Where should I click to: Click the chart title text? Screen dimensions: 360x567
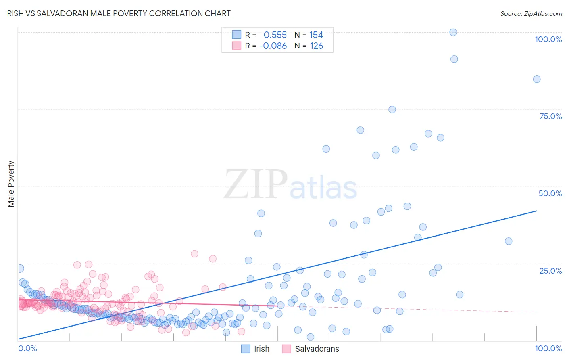[118, 13]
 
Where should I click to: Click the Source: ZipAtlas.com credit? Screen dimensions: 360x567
[531, 13]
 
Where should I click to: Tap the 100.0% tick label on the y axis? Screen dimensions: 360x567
[548, 39]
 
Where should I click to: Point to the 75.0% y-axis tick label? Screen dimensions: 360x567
[550, 116]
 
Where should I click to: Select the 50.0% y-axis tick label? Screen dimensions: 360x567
[550, 193]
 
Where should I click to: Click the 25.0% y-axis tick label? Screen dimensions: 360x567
[550, 271]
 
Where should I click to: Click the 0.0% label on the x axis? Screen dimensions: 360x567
[27, 348]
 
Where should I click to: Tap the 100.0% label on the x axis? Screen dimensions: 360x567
[548, 348]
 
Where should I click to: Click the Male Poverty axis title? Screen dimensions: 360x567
[11, 184]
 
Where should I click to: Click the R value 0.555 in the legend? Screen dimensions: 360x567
[275, 35]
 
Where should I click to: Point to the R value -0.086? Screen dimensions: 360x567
[273, 46]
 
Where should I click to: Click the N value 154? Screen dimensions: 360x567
[316, 35]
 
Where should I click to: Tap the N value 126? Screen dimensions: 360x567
[316, 46]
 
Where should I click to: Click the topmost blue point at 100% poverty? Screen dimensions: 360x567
[453, 32]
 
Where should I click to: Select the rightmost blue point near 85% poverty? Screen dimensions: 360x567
[537, 79]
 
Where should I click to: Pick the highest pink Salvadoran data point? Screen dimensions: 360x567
[194, 254]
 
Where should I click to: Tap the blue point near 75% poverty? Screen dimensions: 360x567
[392, 109]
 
